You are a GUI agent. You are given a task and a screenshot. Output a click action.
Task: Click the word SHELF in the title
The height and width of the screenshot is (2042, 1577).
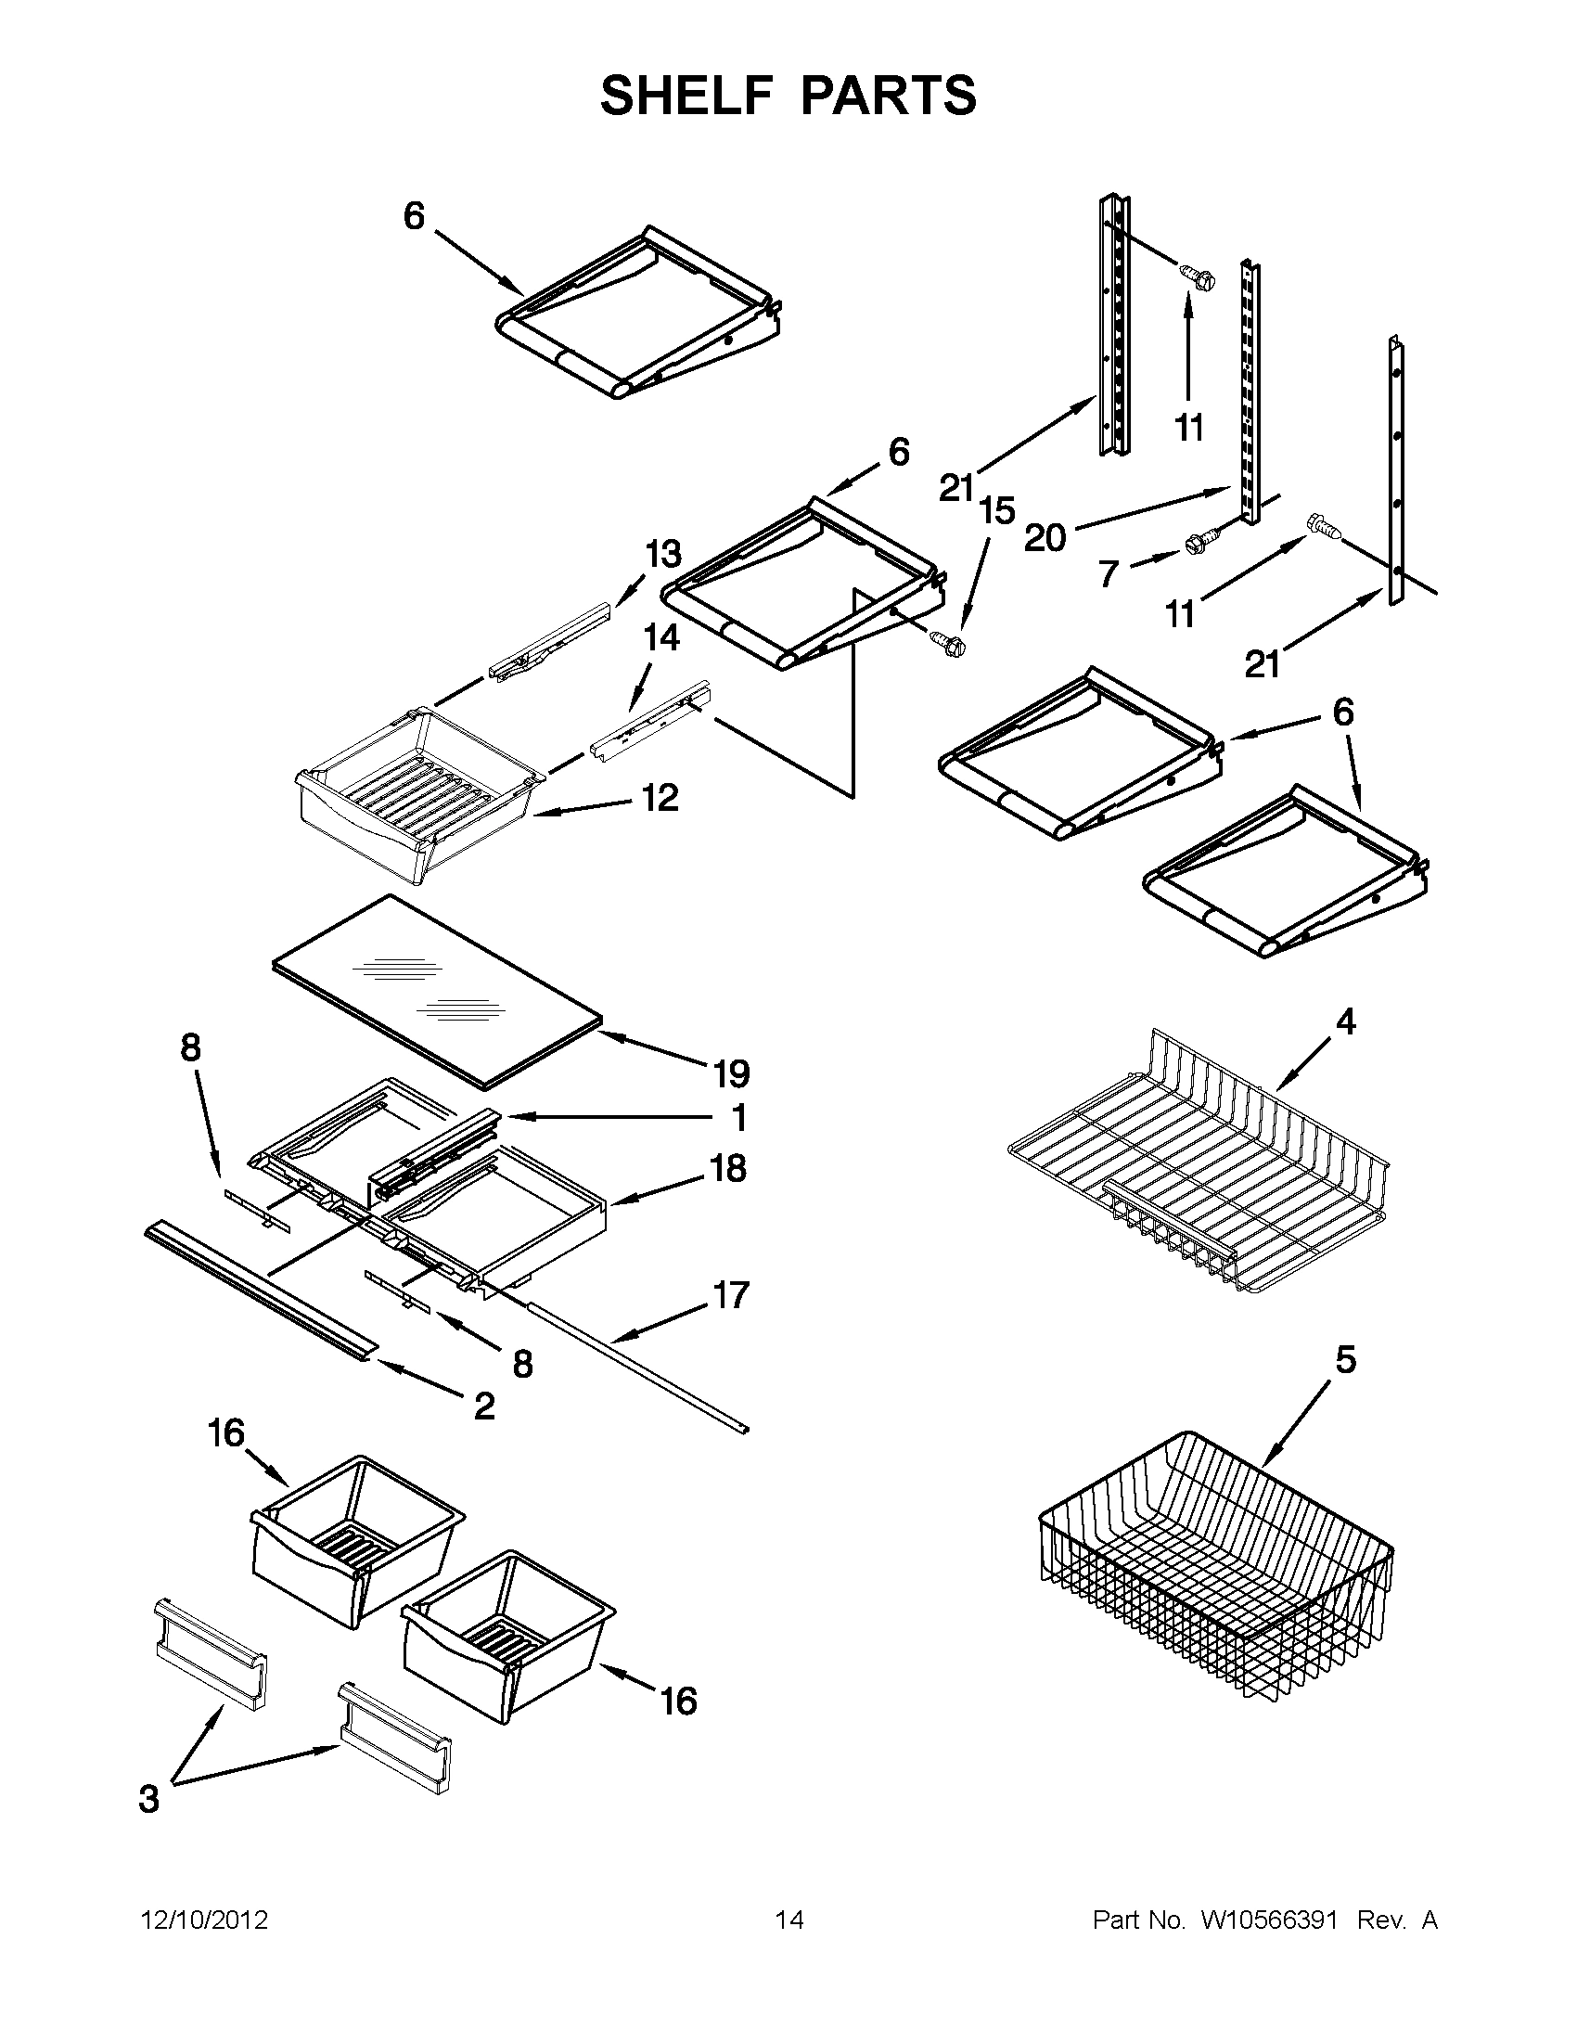(x=686, y=95)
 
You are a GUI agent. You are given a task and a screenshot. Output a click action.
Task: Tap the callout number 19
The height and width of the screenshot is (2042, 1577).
(x=731, y=1073)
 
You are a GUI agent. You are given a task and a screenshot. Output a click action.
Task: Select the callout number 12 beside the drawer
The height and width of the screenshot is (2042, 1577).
(x=660, y=798)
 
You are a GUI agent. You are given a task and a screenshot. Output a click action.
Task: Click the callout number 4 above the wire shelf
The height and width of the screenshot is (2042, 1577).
(x=1344, y=1022)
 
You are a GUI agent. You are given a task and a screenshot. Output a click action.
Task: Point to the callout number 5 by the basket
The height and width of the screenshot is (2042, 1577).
(x=1345, y=1359)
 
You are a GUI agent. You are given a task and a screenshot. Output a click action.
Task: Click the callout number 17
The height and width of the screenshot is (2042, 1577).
(x=731, y=1295)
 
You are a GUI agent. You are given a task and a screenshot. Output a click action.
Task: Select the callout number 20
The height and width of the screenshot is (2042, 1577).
(x=1045, y=538)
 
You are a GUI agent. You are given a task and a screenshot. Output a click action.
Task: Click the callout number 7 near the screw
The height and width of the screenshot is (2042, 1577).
(x=1109, y=573)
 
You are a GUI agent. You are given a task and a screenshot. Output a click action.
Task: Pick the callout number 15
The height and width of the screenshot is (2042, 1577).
(x=996, y=511)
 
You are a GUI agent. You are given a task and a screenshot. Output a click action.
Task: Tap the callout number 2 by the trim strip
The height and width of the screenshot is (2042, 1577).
(x=484, y=1405)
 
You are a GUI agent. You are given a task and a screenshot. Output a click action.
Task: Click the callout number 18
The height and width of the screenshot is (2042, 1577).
(x=729, y=1168)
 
